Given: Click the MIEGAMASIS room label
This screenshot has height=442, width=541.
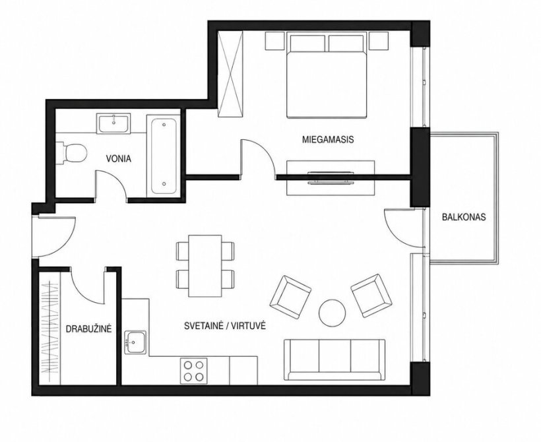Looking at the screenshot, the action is [x=328, y=140].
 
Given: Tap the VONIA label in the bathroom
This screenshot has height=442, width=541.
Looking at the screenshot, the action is [x=118, y=159].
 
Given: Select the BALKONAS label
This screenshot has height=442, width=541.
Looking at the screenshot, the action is [x=464, y=217].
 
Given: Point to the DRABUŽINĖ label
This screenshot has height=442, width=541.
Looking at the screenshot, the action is [x=88, y=329].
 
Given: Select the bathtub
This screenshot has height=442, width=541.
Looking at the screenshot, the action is [x=164, y=156].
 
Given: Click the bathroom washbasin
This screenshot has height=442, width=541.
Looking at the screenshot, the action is [x=113, y=123].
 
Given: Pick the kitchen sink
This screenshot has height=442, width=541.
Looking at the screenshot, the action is [x=135, y=342].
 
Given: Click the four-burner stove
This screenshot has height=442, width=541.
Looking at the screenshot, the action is [x=193, y=371].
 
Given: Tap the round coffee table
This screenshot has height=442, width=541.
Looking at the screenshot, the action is [x=333, y=312].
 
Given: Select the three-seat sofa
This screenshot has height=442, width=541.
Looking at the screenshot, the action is [x=334, y=360].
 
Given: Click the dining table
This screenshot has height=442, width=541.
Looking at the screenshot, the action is [x=205, y=266].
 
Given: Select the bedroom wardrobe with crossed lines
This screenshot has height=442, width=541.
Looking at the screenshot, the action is [x=230, y=74].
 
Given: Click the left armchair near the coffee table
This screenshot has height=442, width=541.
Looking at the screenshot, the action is [x=290, y=297].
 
